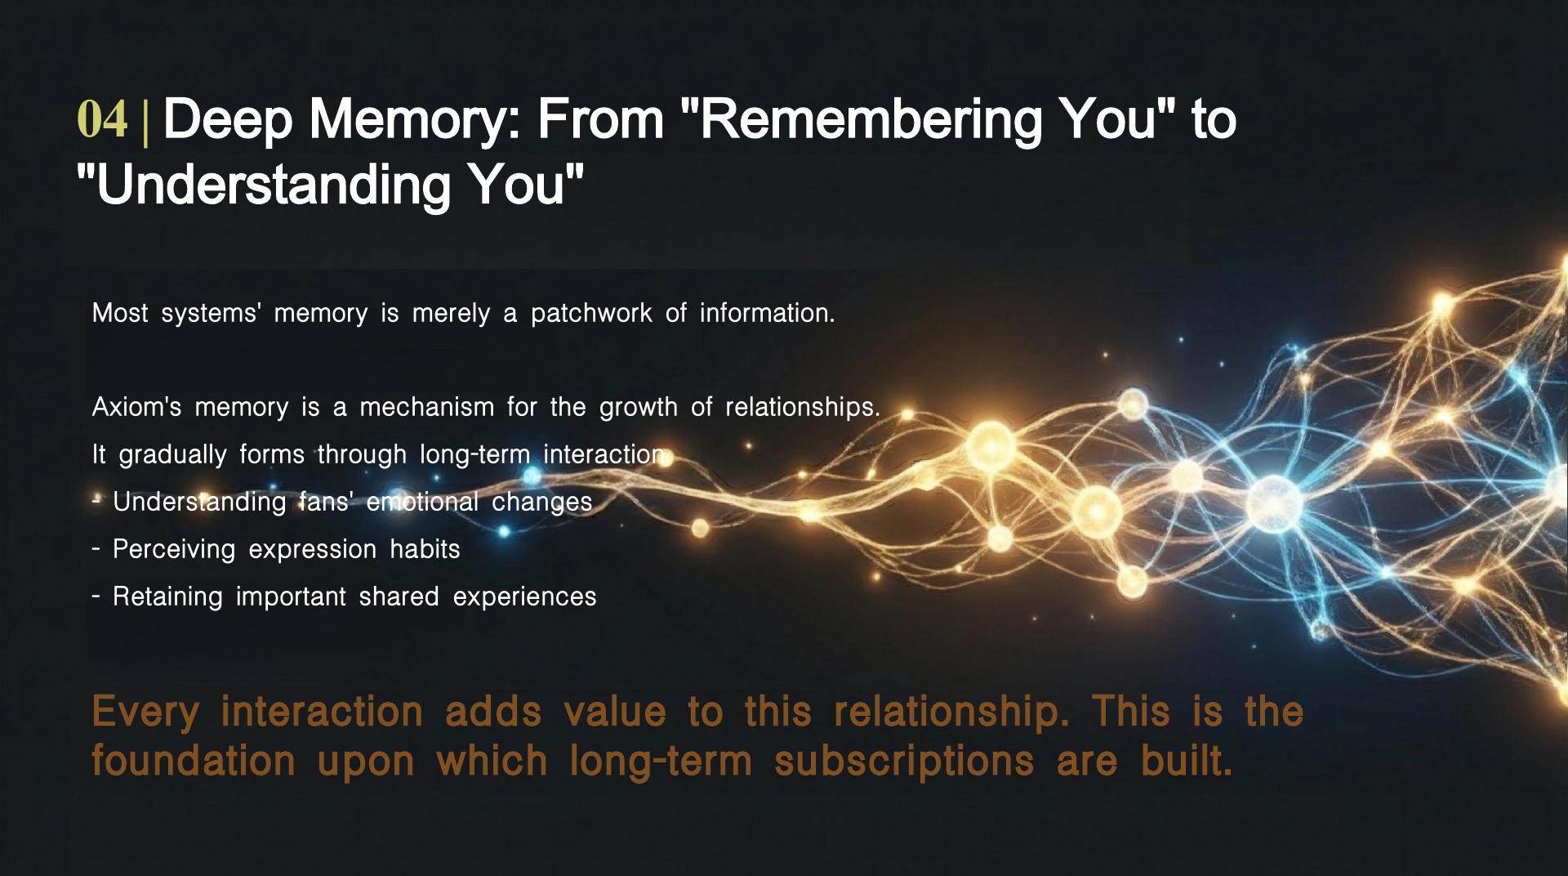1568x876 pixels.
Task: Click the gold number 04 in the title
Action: click(x=102, y=120)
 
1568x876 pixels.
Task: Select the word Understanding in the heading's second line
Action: click(x=270, y=185)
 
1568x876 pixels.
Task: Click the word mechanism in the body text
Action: click(x=426, y=407)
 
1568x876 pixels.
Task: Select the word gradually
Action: click(x=173, y=455)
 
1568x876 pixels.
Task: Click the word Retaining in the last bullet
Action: click(x=167, y=597)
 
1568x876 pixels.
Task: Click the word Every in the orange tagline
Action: click(x=145, y=711)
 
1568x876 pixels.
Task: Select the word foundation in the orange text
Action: click(x=194, y=761)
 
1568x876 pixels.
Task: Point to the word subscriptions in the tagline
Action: click(x=904, y=762)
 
